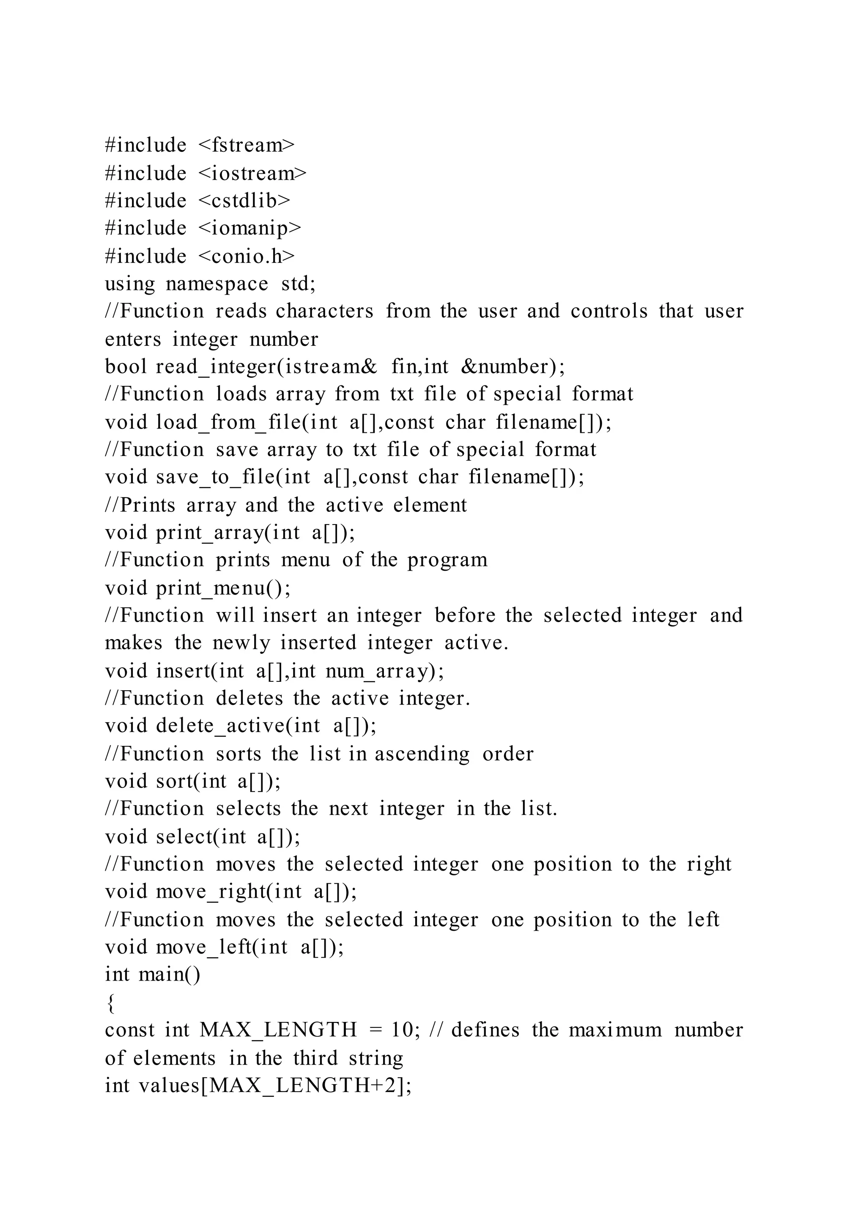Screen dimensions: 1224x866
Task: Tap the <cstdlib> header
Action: pos(244,201)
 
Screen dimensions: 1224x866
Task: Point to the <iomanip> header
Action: pos(249,229)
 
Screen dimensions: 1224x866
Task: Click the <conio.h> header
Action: pos(247,257)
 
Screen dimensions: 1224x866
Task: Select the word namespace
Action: pos(217,284)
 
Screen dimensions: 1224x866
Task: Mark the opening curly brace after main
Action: pos(110,1003)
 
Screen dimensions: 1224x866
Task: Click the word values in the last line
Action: pos(169,1085)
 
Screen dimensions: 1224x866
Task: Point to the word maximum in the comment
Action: pos(615,1030)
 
